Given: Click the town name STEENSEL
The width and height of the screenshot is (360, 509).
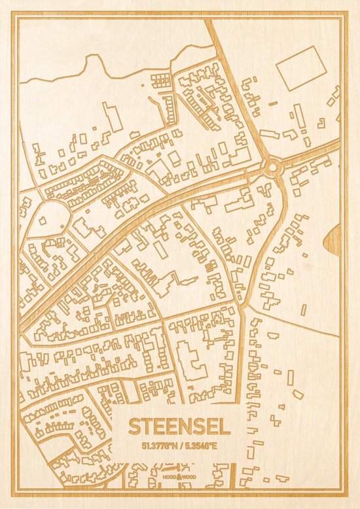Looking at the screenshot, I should point(179,427).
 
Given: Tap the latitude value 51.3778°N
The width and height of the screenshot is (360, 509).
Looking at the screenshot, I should point(156,446).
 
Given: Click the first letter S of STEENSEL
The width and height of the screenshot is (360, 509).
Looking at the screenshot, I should point(135,427).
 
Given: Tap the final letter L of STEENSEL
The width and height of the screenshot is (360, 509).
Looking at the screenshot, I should point(225,427).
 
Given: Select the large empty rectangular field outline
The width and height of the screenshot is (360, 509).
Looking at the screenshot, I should point(301,67).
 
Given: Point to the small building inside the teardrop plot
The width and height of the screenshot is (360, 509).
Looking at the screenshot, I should point(43,221).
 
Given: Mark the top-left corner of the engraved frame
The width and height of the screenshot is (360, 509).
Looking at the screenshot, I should point(14,15).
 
